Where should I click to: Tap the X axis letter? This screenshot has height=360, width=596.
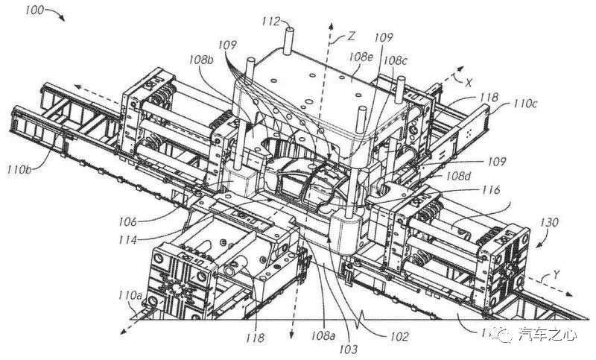470,83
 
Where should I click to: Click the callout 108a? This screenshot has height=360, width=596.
324,336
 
